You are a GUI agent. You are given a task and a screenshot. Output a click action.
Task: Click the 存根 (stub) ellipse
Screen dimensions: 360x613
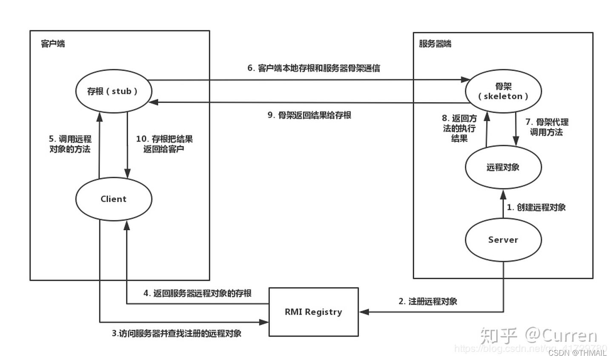pos(113,91)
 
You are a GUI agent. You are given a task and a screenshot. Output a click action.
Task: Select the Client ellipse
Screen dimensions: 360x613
pos(114,199)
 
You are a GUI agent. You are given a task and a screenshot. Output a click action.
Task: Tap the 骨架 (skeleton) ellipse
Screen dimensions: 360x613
pos(503,91)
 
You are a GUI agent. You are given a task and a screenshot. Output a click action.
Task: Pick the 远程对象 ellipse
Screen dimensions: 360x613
pos(503,167)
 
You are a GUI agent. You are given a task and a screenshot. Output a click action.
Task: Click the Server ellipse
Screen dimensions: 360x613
pos(503,240)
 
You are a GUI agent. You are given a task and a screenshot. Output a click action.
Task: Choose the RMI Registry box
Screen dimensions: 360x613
pos(313,312)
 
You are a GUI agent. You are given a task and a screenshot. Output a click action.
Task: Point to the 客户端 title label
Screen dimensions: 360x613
pos(53,44)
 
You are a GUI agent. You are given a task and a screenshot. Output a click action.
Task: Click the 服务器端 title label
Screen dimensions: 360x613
pos(435,44)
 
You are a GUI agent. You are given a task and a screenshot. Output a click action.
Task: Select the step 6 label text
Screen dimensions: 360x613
pos(314,68)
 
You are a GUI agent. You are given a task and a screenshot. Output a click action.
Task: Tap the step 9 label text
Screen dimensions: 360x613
pos(309,115)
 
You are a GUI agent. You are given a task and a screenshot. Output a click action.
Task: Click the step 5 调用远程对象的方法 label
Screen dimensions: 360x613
pos(70,144)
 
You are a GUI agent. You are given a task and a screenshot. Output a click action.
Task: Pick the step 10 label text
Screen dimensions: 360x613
pos(164,144)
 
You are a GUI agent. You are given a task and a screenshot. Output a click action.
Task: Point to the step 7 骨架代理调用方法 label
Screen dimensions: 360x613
pos(547,127)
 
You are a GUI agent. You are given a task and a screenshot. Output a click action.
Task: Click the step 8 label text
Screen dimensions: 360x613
pos(459,128)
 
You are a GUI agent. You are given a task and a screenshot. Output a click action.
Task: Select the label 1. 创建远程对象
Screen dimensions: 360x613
pos(536,208)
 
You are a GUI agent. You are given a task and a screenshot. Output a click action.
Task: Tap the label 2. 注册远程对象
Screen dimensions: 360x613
pos(428,301)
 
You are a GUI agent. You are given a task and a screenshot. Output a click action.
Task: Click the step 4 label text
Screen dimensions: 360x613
pos(198,293)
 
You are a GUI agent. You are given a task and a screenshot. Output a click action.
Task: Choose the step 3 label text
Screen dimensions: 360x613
pos(177,333)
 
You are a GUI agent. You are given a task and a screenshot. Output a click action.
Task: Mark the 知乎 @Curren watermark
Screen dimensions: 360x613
pos(539,336)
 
